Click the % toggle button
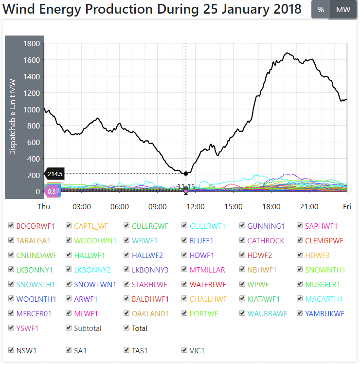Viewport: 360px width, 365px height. [320, 10]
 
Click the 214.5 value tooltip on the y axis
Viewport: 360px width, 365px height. [56, 174]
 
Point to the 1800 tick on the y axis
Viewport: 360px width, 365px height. [32, 44]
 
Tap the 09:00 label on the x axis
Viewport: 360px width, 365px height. [158, 206]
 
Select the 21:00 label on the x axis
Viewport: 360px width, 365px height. [309, 206]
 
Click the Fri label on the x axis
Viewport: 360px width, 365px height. [346, 206]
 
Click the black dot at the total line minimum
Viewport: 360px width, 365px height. [186, 174]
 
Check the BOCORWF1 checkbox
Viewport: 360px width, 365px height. [11, 226]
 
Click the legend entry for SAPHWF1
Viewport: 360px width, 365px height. [321, 226]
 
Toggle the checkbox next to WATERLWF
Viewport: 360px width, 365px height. [185, 284]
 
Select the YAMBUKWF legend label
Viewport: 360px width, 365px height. [324, 313]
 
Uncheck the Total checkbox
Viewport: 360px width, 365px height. [126, 328]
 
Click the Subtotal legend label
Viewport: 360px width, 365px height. [88, 328]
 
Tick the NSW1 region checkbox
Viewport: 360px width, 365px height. [11, 350]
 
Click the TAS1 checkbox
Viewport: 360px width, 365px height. [126, 350]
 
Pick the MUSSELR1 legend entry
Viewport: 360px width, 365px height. [323, 284]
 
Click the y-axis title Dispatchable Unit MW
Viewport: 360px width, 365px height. [13, 117]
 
